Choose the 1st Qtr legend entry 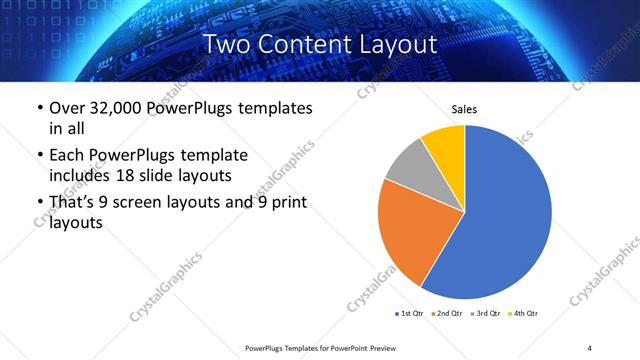coord(410,314)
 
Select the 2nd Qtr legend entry coord(449,314)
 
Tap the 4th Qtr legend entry coord(526,314)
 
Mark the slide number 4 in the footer coord(590,348)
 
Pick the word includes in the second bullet coord(80,175)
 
